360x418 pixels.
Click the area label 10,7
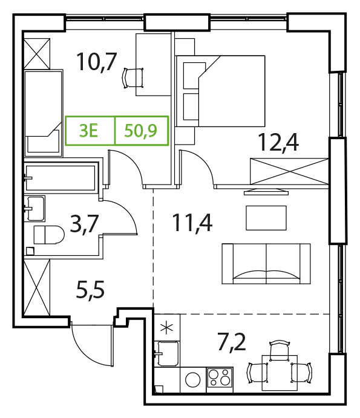click(x=97, y=62)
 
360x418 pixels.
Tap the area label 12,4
click(x=279, y=142)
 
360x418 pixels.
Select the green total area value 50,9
click(x=141, y=131)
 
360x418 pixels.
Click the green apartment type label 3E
click(x=89, y=131)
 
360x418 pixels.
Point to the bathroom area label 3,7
click(x=84, y=224)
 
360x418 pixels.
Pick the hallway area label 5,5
click(x=90, y=290)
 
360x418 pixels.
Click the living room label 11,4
click(x=192, y=223)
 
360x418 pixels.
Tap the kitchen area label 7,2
click(x=232, y=342)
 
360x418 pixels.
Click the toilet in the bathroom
click(x=49, y=235)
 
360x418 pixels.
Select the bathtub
click(x=61, y=178)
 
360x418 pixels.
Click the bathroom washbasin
click(x=34, y=209)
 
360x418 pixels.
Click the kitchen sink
click(x=168, y=353)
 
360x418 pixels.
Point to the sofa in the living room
click(x=266, y=264)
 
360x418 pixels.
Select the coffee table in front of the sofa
click(x=266, y=218)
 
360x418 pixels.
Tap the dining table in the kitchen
click(x=280, y=373)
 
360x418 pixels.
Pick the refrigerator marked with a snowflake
click(x=167, y=328)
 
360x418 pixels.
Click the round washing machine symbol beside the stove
click(x=193, y=380)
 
